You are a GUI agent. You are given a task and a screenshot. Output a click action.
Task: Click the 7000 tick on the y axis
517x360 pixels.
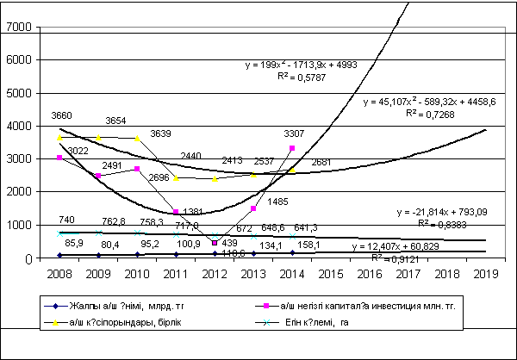tap(20, 28)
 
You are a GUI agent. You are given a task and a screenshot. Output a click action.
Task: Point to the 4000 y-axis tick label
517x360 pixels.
tap(20, 127)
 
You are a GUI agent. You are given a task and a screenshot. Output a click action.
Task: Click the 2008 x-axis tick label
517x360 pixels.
tap(59, 273)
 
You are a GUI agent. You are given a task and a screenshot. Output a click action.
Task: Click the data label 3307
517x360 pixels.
tap(295, 133)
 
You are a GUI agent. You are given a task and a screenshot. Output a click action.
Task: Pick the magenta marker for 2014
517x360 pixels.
tap(293, 148)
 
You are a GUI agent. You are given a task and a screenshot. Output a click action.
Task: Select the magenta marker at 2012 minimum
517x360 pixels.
tap(215, 244)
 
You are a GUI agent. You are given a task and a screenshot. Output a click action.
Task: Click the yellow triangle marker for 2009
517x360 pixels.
tap(98, 138)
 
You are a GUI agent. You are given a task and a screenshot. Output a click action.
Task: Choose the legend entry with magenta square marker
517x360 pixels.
tap(376, 305)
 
